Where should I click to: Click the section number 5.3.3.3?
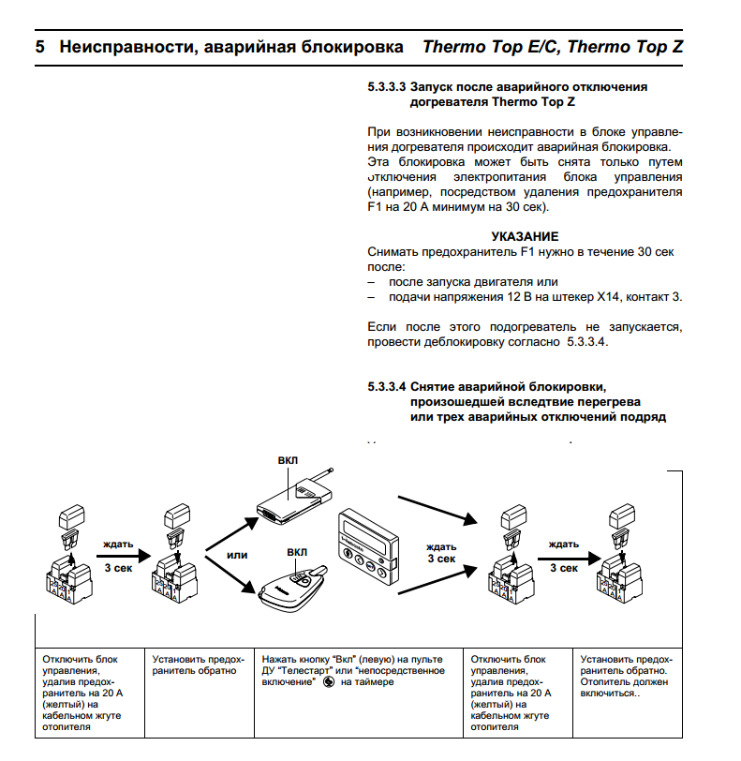pos(384,87)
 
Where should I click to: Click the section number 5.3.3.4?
pos(384,386)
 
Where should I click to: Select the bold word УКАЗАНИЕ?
pos(525,236)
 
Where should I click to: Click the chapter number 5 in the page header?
pos(40,46)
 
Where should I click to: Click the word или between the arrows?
pos(237,555)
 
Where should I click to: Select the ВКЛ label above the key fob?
pos(297,553)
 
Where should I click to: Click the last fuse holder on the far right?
pos(619,562)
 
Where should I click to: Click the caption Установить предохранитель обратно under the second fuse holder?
pos(200,664)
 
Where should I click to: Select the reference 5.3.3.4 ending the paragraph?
pos(586,344)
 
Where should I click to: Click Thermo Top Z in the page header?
pos(625,46)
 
